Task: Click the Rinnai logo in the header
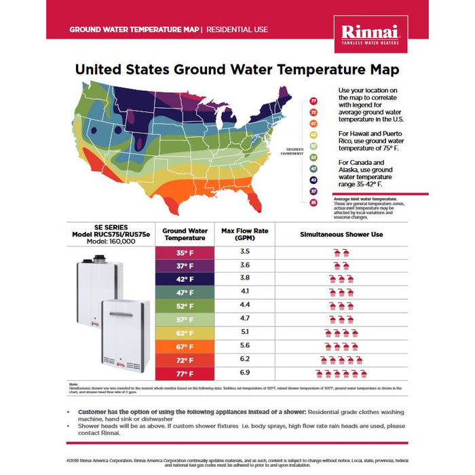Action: (x=370, y=32)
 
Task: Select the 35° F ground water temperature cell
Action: (x=185, y=252)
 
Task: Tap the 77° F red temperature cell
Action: (x=185, y=373)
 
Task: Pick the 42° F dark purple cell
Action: (x=185, y=279)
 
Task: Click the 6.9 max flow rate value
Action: (x=245, y=373)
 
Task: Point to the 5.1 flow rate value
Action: (x=245, y=332)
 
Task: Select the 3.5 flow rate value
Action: (x=245, y=251)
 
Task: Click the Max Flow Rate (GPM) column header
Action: (x=245, y=235)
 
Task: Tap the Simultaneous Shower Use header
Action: (x=341, y=235)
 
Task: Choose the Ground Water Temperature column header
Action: (x=185, y=235)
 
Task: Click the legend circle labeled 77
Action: (x=313, y=102)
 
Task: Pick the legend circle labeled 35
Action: (x=313, y=202)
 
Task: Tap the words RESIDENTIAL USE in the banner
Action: (x=237, y=30)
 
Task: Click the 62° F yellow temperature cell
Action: (x=185, y=332)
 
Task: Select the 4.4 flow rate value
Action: (x=245, y=305)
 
